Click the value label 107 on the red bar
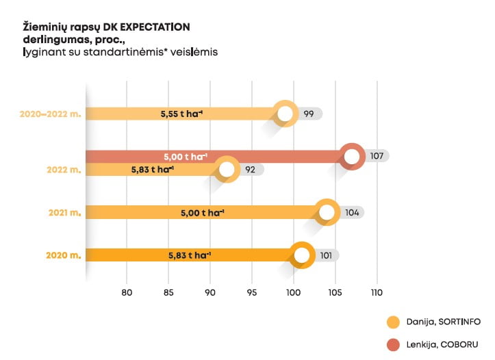377,156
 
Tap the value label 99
309,114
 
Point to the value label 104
352,213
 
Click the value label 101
327,256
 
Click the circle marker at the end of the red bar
352,156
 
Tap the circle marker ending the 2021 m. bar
327,213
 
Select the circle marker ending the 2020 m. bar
302,256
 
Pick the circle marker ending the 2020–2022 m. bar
285,114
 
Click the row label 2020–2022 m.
49,114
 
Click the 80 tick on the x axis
127,293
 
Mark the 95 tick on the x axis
252,293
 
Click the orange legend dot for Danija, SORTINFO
393,322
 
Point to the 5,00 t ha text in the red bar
186,156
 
